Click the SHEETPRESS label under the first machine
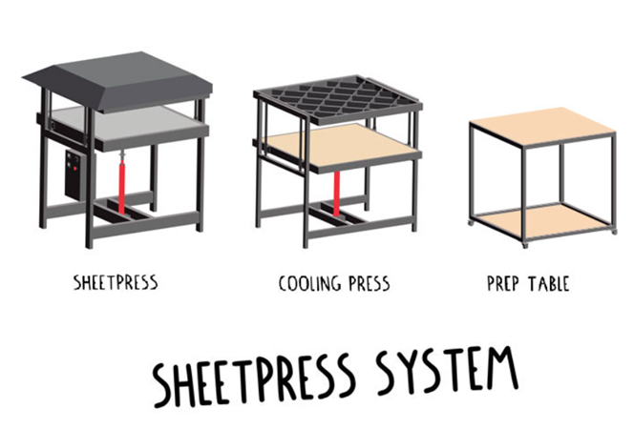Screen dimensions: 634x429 click(116, 282)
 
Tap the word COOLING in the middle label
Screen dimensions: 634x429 click(308, 283)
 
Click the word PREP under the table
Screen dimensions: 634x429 click(502, 283)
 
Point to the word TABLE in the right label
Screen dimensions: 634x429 click(549, 283)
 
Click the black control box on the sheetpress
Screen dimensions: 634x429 click(75, 174)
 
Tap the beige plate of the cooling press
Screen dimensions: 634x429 click(339, 144)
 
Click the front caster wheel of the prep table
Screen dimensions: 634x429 click(526, 246)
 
